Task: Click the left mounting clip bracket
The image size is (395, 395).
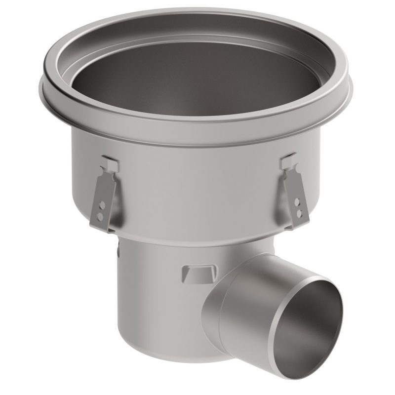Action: [x=105, y=195]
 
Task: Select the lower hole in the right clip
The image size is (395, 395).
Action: [x=298, y=213]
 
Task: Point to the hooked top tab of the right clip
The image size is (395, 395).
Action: [x=288, y=161]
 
